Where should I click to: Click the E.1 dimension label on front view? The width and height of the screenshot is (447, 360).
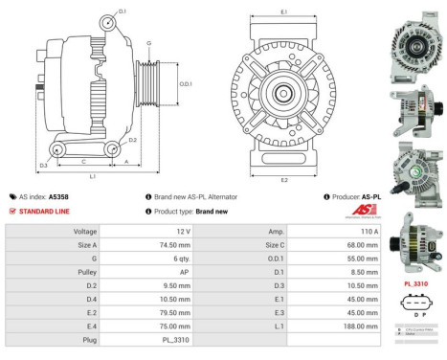point(283,11)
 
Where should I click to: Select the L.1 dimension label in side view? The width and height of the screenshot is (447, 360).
point(92,177)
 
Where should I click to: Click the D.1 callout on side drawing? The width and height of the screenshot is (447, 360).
point(123,10)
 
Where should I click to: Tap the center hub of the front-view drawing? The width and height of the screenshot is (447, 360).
point(283,94)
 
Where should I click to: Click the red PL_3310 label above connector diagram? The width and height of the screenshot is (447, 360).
point(415,284)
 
